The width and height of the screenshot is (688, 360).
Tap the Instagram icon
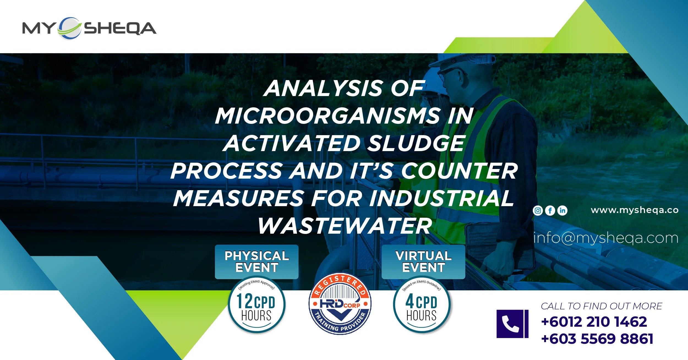click(538, 211)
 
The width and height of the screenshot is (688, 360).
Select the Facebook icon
click(550, 211)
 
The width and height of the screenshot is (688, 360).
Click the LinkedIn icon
click(562, 211)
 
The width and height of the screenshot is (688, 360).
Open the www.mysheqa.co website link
click(635, 210)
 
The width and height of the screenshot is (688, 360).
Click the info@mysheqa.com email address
click(606, 238)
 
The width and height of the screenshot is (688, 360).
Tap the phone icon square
click(512, 324)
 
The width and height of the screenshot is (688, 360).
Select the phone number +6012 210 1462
click(594, 322)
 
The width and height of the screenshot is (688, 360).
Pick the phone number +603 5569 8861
click(597, 339)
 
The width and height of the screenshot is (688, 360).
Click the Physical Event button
click(256, 262)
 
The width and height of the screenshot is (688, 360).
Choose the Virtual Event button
click(423, 262)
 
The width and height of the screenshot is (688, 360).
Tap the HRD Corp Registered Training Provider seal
click(340, 304)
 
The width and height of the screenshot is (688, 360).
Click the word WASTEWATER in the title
click(345, 226)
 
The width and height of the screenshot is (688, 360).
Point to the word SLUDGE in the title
click(416, 143)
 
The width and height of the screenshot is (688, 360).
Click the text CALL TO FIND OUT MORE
click(601, 306)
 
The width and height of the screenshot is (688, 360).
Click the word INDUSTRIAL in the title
click(441, 198)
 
